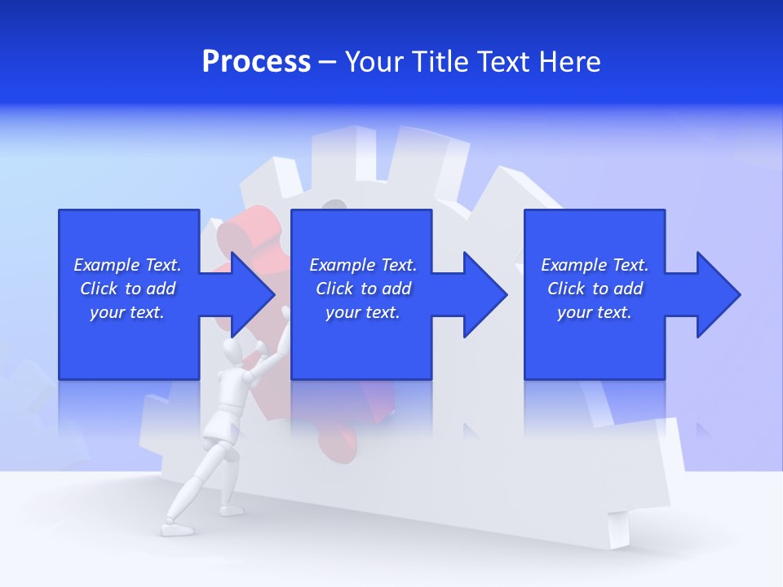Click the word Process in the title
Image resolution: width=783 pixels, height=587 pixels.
coord(256,62)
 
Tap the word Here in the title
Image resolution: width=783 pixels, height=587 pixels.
coord(570,62)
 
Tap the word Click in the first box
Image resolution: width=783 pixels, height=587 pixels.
coord(99,289)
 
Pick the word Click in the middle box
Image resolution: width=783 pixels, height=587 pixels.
coord(334,289)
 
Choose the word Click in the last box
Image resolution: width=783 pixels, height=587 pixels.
coord(566,289)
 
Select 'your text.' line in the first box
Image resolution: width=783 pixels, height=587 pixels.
coord(127,312)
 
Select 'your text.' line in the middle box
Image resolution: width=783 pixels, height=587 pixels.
coord(363,312)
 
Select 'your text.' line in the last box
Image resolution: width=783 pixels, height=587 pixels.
coord(595,312)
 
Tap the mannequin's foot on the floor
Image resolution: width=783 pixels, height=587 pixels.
coord(175,529)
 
